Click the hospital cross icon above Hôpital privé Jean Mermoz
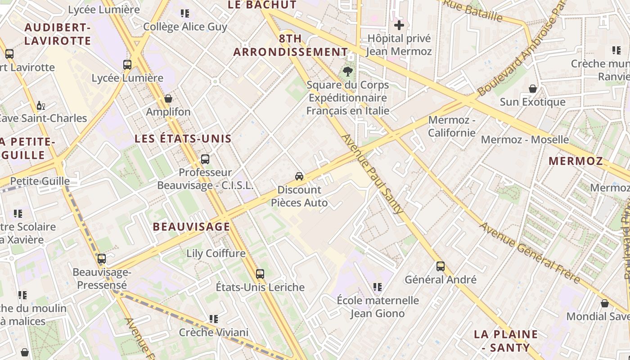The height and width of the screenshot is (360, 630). point(399,25)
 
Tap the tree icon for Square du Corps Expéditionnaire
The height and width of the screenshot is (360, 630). point(347,71)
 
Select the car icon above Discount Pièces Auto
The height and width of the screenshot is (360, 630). point(299,176)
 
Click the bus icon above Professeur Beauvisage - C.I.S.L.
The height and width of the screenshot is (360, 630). point(205,159)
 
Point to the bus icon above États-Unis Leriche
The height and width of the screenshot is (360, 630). point(260,274)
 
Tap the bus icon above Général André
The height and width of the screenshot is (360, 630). point(441,266)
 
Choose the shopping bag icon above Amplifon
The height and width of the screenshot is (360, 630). point(168,98)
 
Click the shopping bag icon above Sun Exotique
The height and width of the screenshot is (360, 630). point(533,89)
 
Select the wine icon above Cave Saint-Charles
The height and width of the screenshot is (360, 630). point(40,106)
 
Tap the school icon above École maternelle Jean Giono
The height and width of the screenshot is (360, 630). point(378,287)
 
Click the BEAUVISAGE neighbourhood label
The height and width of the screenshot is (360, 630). point(192,227)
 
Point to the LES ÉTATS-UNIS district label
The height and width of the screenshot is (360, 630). point(183,139)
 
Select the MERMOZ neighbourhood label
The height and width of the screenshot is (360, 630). point(576,161)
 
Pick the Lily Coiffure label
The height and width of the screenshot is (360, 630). point(216,253)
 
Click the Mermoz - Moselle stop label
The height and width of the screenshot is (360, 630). point(525,139)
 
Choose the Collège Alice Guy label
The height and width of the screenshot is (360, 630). point(185,27)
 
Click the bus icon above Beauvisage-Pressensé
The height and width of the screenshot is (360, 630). point(102,259)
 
